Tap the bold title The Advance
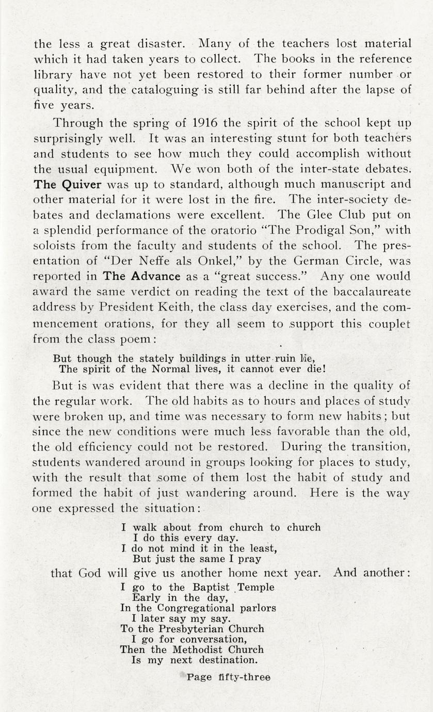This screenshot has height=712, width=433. coord(142,276)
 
